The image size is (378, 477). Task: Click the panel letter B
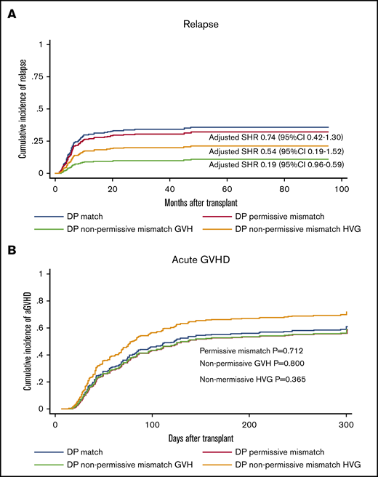[13, 249]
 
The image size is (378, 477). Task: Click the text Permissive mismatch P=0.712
[253, 350]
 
